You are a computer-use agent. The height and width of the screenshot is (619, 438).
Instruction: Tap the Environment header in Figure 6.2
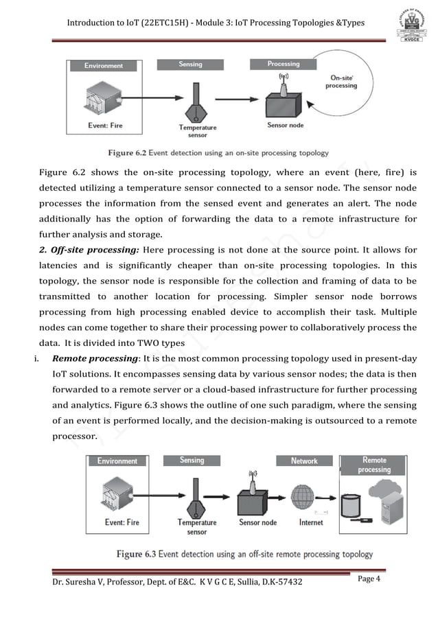(x=104, y=66)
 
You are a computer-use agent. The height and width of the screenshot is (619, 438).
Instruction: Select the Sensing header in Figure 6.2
(x=190, y=65)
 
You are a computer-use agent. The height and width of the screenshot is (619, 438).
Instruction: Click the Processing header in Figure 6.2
(x=284, y=64)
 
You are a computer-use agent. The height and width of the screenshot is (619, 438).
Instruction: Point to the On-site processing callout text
(x=341, y=82)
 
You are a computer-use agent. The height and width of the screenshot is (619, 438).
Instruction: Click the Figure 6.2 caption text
(x=218, y=152)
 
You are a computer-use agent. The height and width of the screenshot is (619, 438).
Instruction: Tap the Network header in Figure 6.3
(x=304, y=460)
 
